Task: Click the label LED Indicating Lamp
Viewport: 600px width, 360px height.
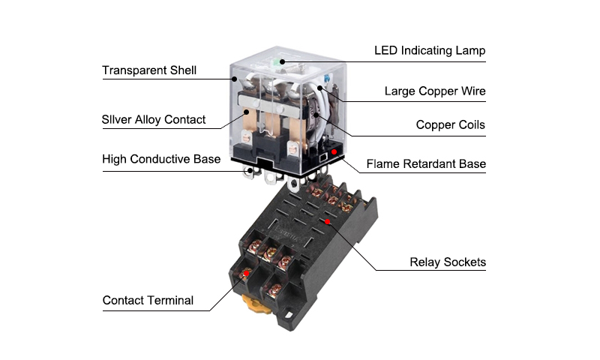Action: (430, 51)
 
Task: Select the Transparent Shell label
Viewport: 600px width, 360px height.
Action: (149, 70)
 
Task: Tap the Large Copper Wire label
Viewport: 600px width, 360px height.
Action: (435, 91)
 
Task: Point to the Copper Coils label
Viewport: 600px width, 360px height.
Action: (451, 124)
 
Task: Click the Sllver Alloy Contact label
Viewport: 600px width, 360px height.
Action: (154, 120)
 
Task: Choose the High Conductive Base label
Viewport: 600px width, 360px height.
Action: (161, 159)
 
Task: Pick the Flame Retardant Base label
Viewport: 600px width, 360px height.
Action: (426, 163)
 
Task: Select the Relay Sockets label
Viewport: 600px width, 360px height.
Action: (448, 262)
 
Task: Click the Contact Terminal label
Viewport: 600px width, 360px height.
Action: (148, 301)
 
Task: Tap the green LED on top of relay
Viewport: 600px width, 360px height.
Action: (281, 62)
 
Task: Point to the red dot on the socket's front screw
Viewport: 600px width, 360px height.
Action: (243, 276)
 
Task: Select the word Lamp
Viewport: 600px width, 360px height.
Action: (469, 51)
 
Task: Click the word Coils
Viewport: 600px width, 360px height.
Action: (469, 124)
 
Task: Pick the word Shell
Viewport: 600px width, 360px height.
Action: (181, 70)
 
